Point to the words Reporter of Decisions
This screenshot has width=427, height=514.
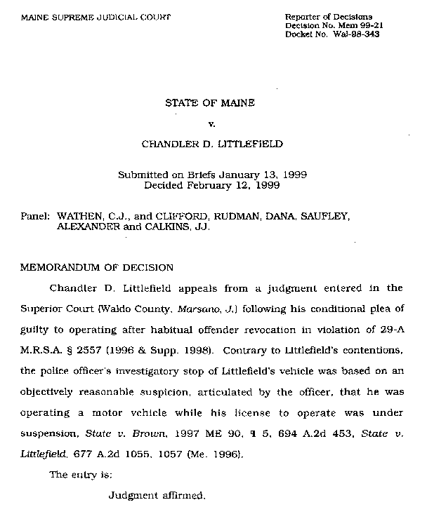coord(329,16)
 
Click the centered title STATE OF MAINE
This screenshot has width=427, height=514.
coord(209,102)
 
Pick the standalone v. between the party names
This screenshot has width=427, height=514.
coord(211,124)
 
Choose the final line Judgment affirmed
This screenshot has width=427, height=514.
coord(157,496)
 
